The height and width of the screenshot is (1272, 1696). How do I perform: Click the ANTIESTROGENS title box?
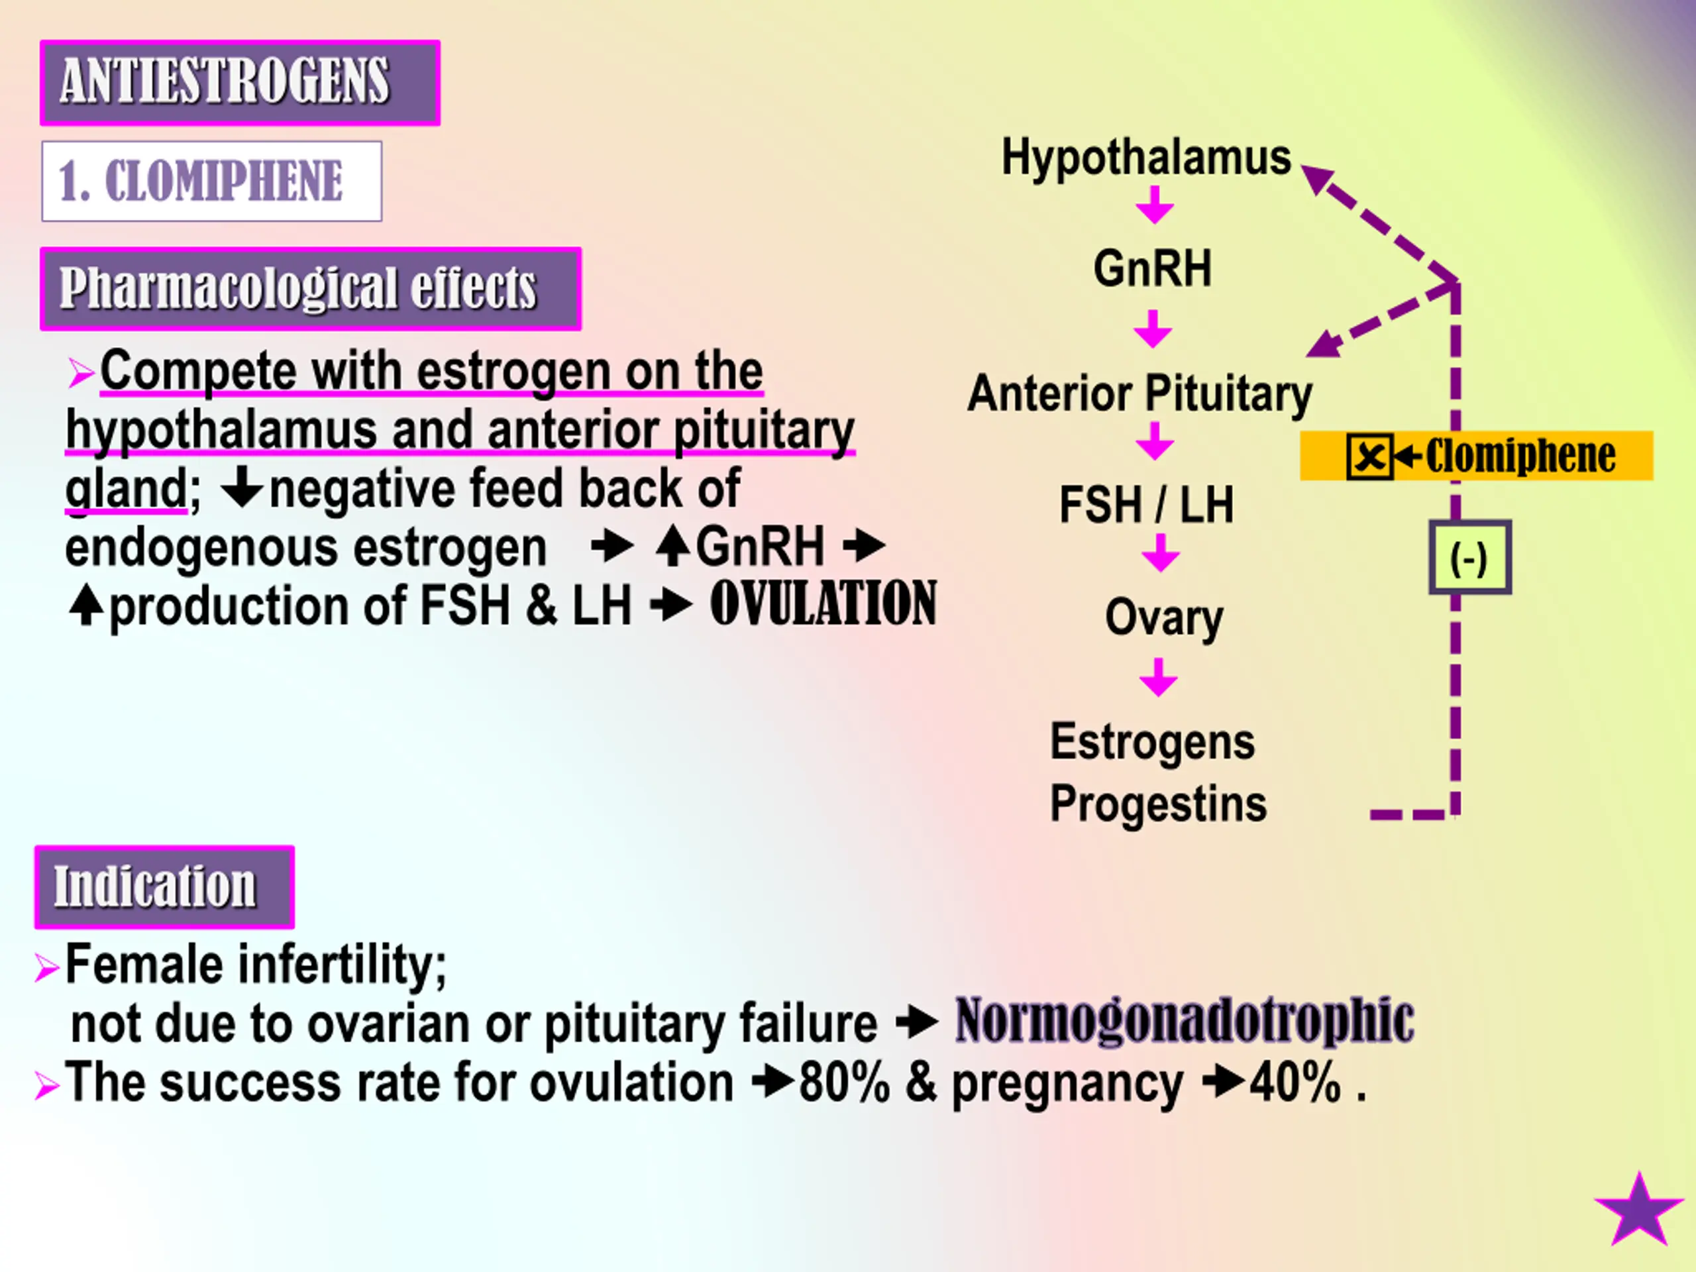coord(239,82)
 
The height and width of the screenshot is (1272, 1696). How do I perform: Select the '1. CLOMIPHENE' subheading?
coord(211,181)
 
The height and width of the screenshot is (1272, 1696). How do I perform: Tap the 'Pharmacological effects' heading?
coord(310,288)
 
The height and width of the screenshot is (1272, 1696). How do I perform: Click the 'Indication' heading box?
coord(164,886)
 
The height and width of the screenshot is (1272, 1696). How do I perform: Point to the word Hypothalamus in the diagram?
coord(1145,157)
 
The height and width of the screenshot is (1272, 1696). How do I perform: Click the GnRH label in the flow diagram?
coord(1152,268)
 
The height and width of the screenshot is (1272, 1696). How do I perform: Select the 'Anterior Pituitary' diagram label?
coord(1139,394)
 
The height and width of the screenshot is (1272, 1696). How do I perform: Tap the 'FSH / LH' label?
coord(1146,505)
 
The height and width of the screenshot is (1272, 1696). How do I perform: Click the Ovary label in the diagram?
coord(1163,617)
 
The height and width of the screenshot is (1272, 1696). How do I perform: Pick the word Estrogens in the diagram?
coord(1151,741)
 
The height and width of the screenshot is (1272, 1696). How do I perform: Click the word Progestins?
coord(1158,804)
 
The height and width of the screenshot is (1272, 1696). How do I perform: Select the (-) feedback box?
coord(1469,557)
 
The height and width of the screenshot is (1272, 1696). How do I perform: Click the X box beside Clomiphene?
coord(1369,457)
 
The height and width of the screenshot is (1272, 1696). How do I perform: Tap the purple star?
coord(1638,1212)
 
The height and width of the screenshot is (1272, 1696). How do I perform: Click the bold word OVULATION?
coord(823,604)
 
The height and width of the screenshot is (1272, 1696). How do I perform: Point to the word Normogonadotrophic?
coord(1184,1020)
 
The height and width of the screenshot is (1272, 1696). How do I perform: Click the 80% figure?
coord(844,1083)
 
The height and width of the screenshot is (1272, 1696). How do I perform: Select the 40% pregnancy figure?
coord(1295,1083)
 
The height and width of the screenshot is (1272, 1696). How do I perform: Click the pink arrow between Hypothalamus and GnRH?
coord(1154,205)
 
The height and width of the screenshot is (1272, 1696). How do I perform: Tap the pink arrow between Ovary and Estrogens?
coord(1158,677)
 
